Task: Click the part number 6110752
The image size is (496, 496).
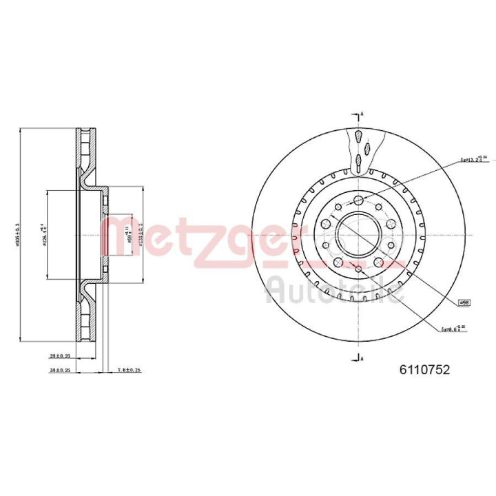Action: (x=424, y=370)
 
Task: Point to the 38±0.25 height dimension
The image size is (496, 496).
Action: (x=61, y=370)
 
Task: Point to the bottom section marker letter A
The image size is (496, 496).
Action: (x=363, y=356)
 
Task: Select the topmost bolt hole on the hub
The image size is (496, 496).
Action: (x=358, y=200)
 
